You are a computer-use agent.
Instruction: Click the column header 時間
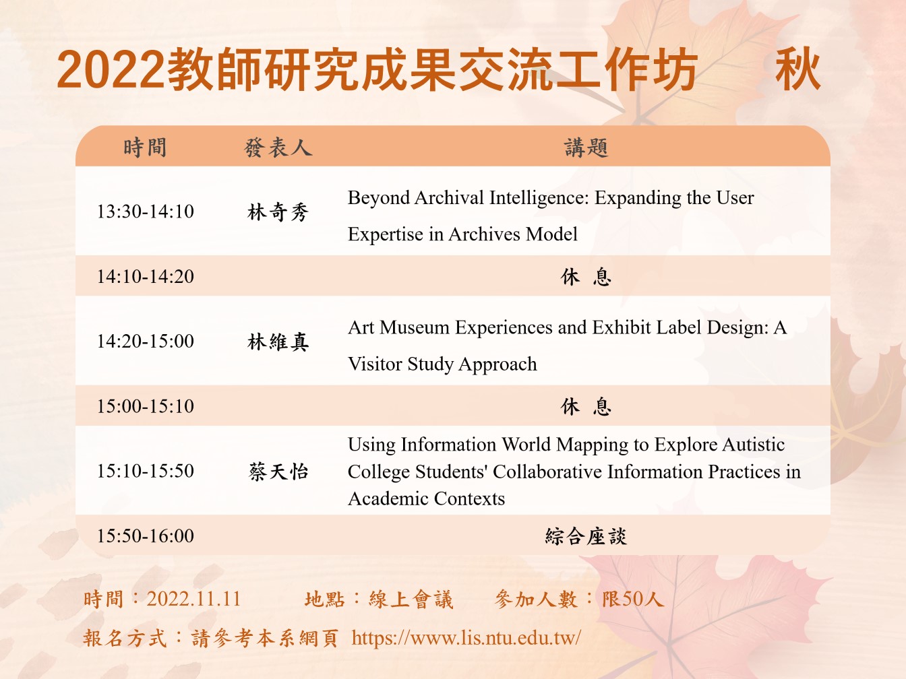click(145, 148)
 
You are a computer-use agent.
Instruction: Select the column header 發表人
click(278, 148)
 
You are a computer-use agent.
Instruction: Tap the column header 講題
click(586, 148)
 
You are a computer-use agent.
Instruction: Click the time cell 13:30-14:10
click(146, 212)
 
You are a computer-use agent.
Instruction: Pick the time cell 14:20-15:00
click(146, 342)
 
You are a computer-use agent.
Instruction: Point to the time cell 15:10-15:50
click(146, 471)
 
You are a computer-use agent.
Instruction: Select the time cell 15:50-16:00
click(146, 536)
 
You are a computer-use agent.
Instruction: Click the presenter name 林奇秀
click(278, 212)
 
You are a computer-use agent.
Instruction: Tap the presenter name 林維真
click(278, 342)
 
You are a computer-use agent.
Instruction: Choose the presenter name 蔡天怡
click(278, 472)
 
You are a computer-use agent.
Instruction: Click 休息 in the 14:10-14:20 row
click(586, 277)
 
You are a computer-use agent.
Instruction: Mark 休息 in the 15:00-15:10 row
click(586, 406)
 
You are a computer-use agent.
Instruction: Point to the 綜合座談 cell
click(586, 536)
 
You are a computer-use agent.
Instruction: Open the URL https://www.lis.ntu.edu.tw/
click(466, 638)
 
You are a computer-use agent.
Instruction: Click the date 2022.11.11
click(193, 599)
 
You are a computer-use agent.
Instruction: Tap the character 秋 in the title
click(798, 69)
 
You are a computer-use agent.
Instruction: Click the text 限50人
click(633, 600)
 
